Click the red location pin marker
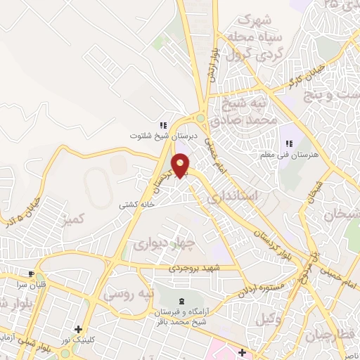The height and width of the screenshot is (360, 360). (181, 167)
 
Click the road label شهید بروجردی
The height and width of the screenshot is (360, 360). (194, 269)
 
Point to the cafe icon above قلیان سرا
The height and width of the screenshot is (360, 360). (31, 274)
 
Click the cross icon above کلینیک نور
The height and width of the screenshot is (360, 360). (78, 329)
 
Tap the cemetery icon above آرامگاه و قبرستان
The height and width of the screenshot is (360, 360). (173, 300)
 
